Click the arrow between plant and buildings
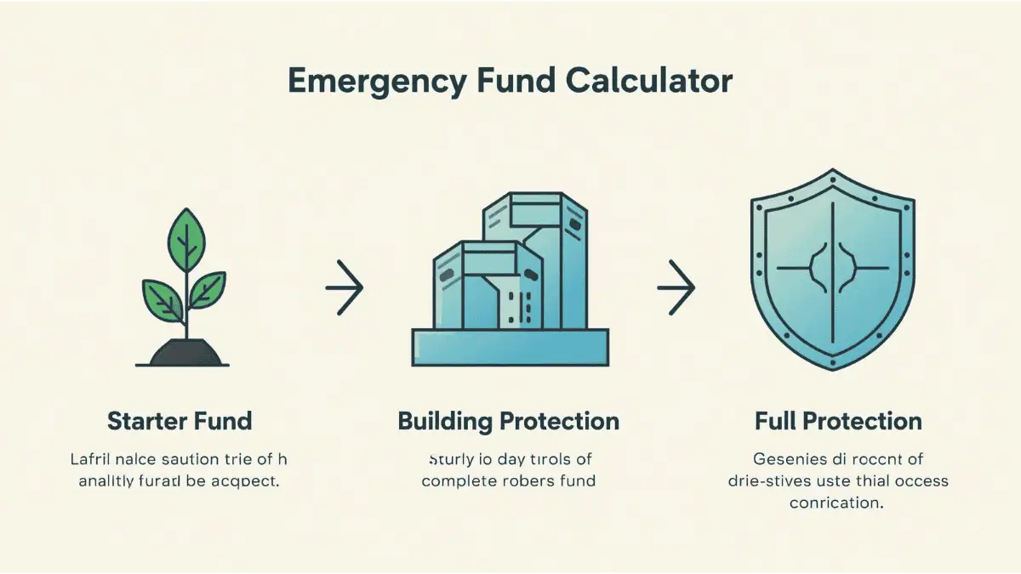[345, 287]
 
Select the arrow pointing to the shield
[676, 287]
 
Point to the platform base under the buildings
[510, 348]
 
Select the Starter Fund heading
[180, 421]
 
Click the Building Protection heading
[509, 421]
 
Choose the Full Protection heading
[838, 421]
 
